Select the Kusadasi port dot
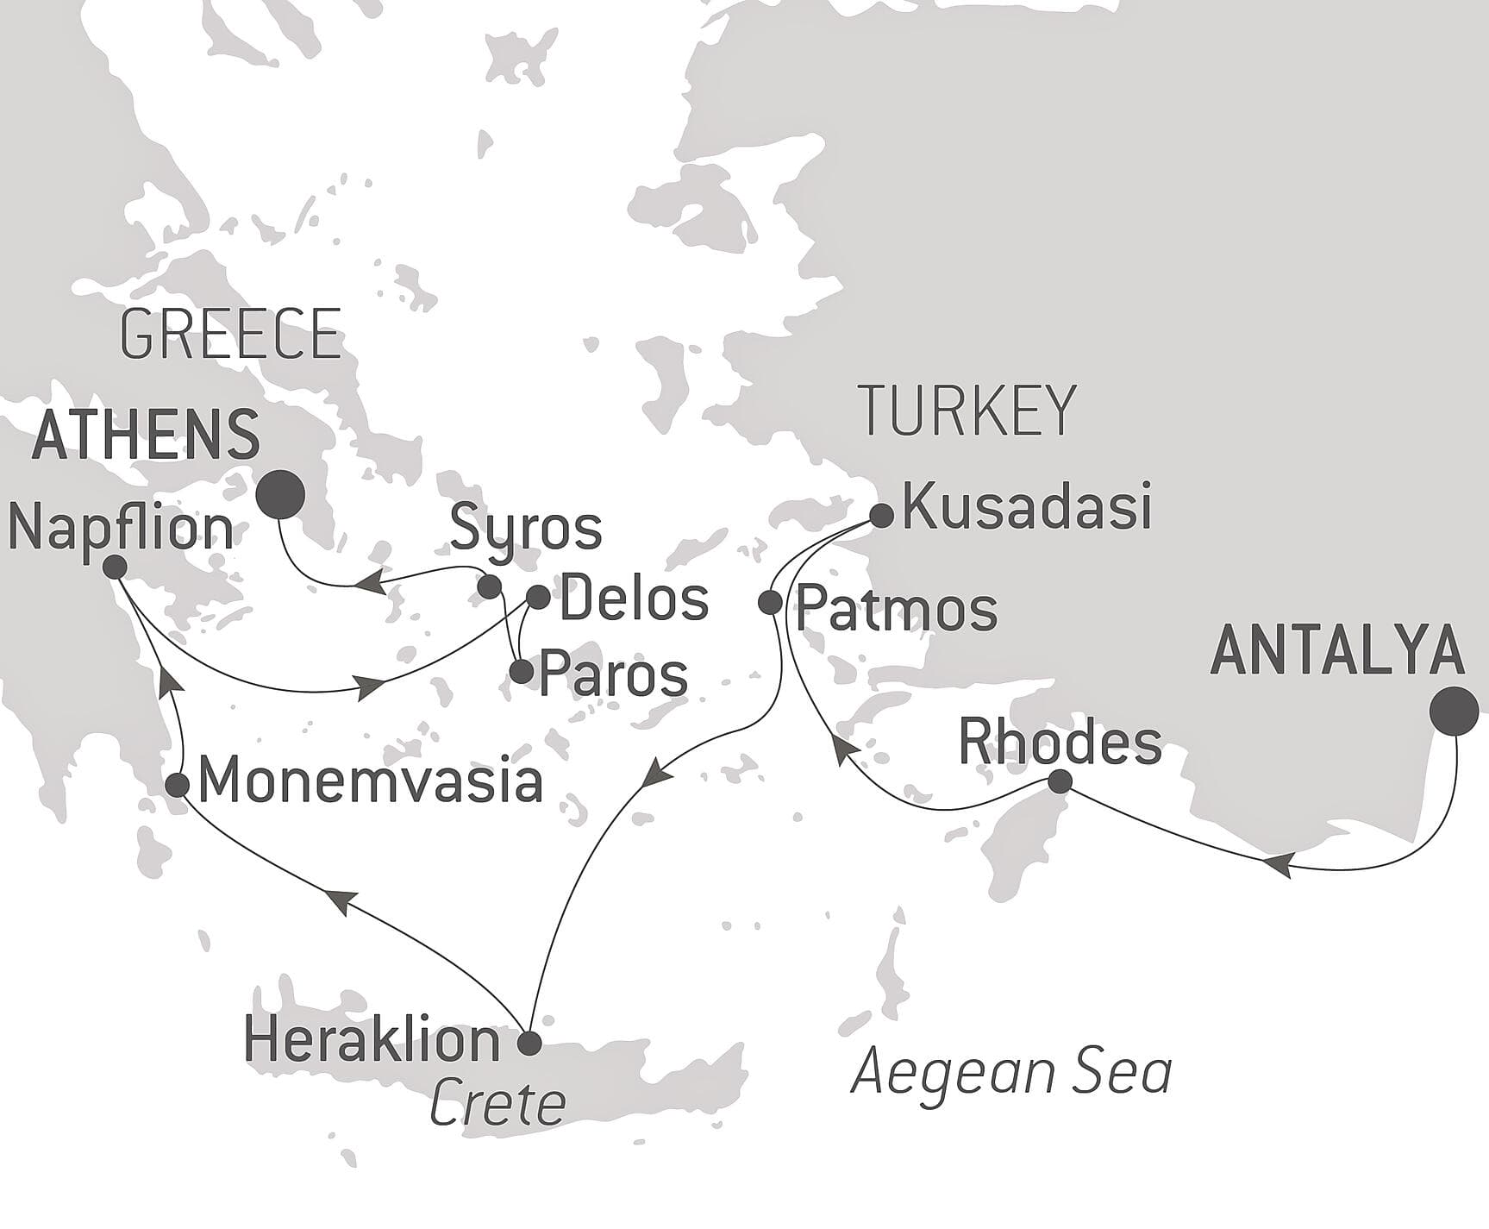point(880,516)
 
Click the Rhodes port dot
point(1060,781)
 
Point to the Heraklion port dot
point(528,1043)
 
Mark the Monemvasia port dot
point(178,785)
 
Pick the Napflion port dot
point(115,567)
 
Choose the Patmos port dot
point(770,602)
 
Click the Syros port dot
point(489,587)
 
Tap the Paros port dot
point(522,672)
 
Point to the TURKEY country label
point(968,411)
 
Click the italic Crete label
point(497,1104)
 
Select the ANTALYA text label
point(1337,651)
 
